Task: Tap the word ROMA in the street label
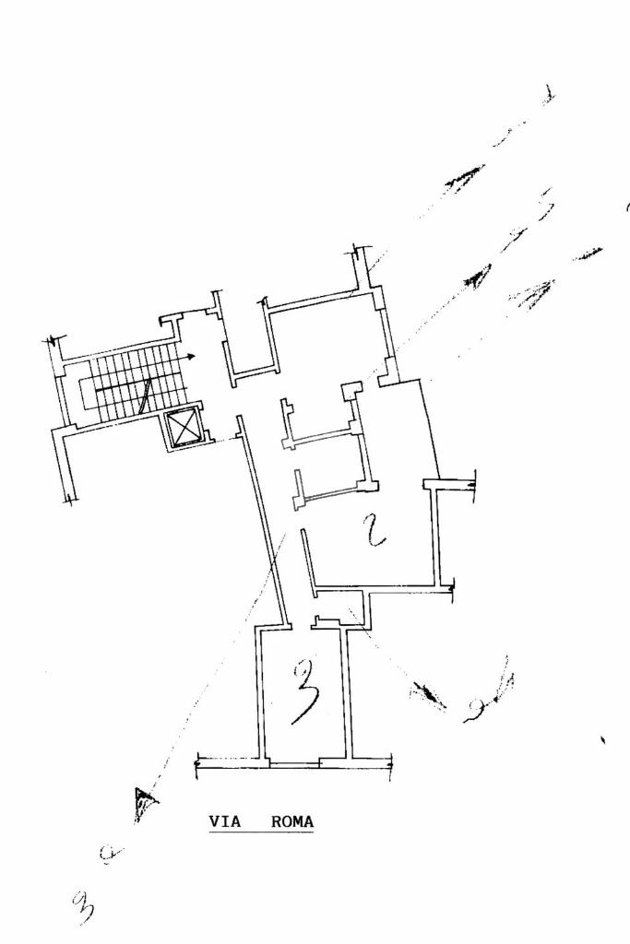point(292,821)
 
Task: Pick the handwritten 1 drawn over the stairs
point(144,396)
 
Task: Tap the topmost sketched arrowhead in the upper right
point(465,176)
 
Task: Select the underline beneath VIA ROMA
point(261,833)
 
